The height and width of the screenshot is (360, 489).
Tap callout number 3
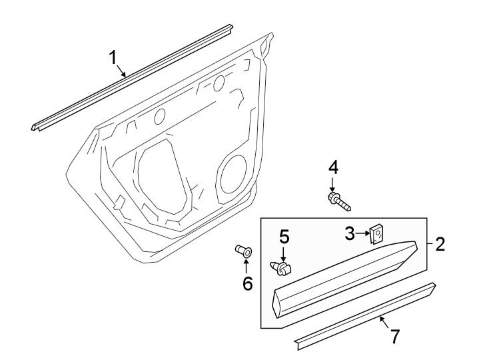point(350,233)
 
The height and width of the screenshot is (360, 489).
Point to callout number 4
point(332,167)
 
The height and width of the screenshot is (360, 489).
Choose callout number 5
point(284,237)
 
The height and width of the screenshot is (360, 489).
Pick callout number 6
point(247,284)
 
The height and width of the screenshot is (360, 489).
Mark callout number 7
point(395,337)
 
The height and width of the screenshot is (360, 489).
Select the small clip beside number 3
point(377,233)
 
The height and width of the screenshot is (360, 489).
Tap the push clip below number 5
point(284,269)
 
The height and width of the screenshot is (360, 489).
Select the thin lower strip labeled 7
point(366,317)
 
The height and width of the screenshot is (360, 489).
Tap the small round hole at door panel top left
point(160,117)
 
